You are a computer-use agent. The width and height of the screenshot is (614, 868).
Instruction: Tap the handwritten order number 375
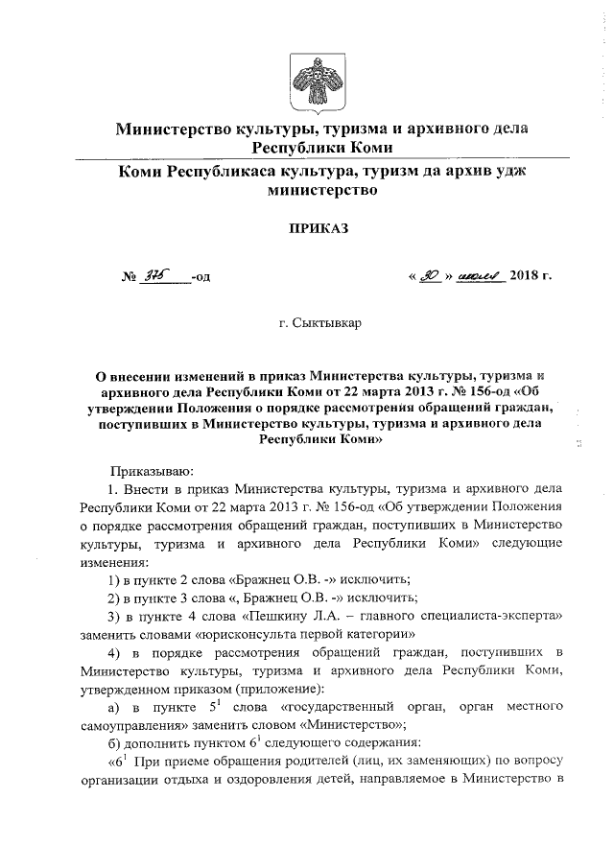pyautogui.click(x=153, y=276)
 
